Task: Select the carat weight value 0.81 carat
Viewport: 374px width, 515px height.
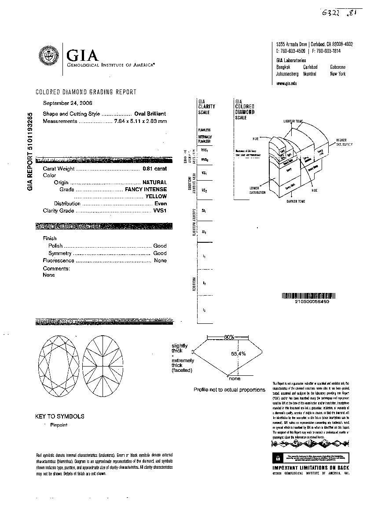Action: (x=154, y=169)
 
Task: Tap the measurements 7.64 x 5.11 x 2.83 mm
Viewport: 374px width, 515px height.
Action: (x=140, y=121)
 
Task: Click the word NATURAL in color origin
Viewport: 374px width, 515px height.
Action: (x=154, y=182)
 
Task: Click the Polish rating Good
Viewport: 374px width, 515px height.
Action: (x=160, y=246)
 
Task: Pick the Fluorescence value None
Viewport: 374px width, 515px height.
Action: (x=160, y=261)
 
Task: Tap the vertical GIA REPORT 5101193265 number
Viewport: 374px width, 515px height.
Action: (x=30, y=151)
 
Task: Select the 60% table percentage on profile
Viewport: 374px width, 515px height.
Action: (x=229, y=337)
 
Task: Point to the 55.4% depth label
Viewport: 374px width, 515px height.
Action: (x=238, y=353)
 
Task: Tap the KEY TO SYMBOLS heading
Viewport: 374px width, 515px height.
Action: (x=60, y=416)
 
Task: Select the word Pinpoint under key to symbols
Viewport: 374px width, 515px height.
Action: (x=59, y=425)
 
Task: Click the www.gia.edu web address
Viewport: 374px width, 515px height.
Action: (x=286, y=83)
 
